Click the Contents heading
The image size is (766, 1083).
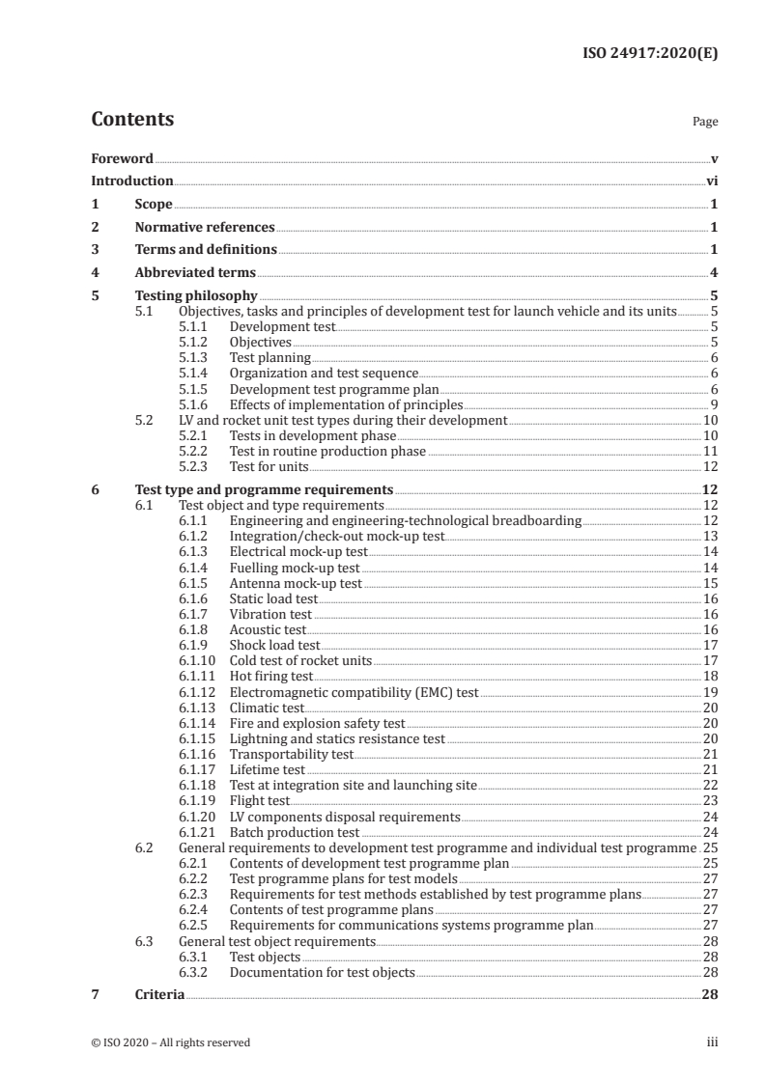132,121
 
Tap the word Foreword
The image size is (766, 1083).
122,158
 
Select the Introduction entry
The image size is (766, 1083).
132,180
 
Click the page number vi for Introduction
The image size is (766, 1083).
711,180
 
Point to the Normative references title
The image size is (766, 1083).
205,228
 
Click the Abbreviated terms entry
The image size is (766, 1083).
195,272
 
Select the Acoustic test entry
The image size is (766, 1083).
268,629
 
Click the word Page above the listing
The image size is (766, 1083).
704,123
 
